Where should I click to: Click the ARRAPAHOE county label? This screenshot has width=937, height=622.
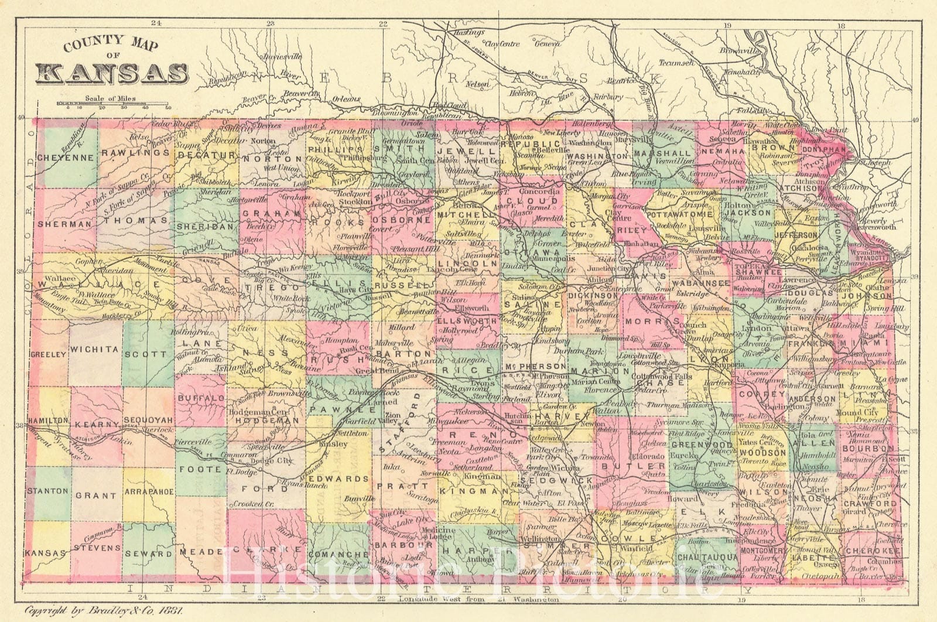(148, 492)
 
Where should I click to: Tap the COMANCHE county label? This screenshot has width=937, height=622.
(340, 553)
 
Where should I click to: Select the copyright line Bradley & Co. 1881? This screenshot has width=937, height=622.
(102, 610)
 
